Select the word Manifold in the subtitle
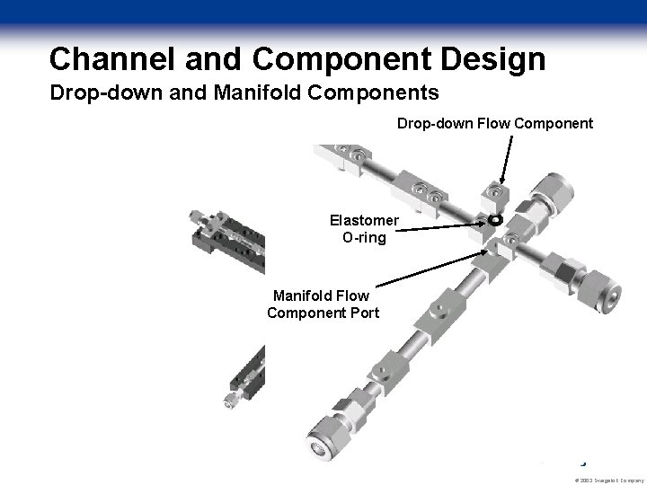click(250, 93)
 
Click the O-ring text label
click(363, 237)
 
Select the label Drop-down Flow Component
click(495, 123)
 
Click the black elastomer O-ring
click(493, 220)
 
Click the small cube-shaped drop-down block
click(493, 195)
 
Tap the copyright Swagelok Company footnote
click(607, 479)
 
